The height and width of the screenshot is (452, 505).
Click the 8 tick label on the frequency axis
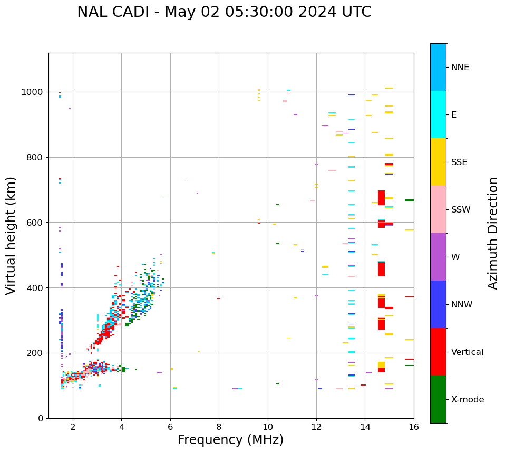click(x=219, y=426)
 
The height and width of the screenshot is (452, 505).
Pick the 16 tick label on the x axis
click(x=414, y=426)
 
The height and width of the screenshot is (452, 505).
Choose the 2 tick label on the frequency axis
click(x=73, y=426)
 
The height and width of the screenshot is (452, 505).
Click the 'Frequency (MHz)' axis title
click(x=230, y=440)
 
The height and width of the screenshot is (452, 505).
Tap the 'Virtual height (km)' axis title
click(x=11, y=236)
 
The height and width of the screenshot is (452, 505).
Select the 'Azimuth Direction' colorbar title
click(x=493, y=233)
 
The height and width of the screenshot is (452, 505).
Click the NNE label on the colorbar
click(x=460, y=68)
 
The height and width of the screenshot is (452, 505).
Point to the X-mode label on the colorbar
click(x=468, y=400)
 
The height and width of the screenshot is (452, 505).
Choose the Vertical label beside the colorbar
click(x=468, y=352)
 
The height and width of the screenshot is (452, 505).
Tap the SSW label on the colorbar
click(x=461, y=210)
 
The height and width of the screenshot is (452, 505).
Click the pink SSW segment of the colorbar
click(x=438, y=209)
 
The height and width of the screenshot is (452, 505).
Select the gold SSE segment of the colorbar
click(x=438, y=162)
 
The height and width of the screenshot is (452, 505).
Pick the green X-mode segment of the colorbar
click(x=438, y=399)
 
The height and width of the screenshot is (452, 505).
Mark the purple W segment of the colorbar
click(x=438, y=257)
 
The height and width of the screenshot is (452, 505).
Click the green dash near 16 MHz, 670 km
click(x=409, y=200)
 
